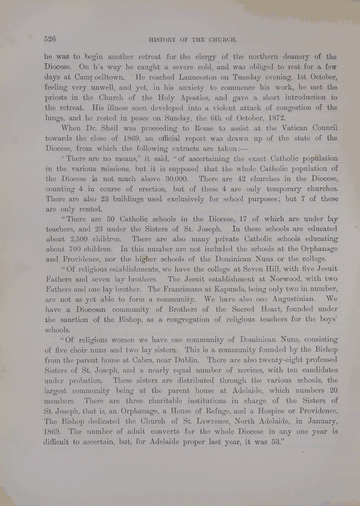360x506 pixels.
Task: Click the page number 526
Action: (x=50, y=39)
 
